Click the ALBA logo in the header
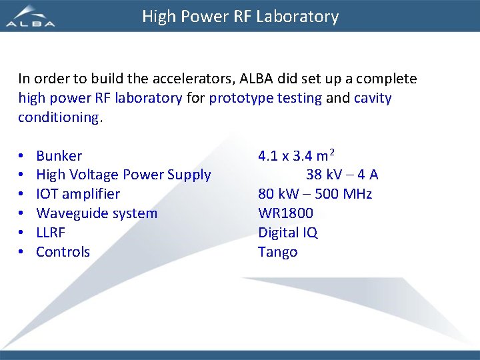31,16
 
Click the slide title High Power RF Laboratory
240,17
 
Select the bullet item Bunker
59,156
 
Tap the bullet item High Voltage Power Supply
123,175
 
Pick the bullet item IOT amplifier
78,195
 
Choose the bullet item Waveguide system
97,214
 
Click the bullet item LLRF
51,233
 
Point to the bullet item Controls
63,252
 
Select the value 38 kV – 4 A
342,175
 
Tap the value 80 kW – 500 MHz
315,195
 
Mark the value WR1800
285,214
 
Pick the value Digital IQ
288,233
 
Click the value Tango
278,252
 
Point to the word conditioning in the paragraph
58,117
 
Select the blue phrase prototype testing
265,99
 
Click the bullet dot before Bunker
22,157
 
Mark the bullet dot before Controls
22,253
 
